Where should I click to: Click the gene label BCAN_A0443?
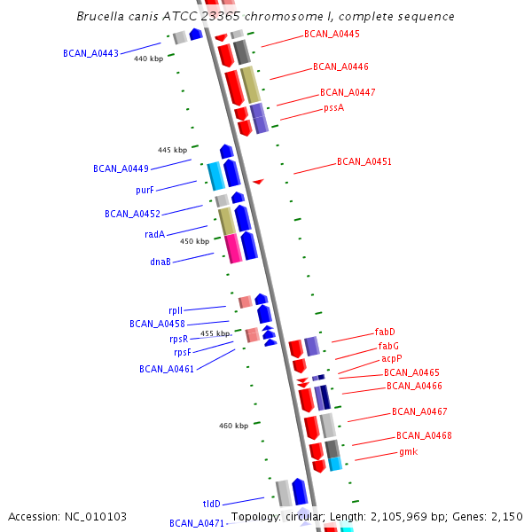90,53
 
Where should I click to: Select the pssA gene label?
333,108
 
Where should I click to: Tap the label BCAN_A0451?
364,162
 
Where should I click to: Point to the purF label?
145,191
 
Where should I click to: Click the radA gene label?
154,235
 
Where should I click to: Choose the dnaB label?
160,262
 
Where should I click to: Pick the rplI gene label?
176,310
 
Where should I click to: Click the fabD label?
385,332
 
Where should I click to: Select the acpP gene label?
391,359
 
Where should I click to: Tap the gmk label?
408,451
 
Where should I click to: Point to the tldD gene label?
211,503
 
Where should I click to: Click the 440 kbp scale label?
148,59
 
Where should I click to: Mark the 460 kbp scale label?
233,426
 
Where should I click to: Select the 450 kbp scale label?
194,241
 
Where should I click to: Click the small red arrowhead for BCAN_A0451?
257,182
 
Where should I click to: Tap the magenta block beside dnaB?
233,248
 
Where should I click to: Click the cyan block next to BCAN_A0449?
215,176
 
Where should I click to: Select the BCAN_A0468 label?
424,435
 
